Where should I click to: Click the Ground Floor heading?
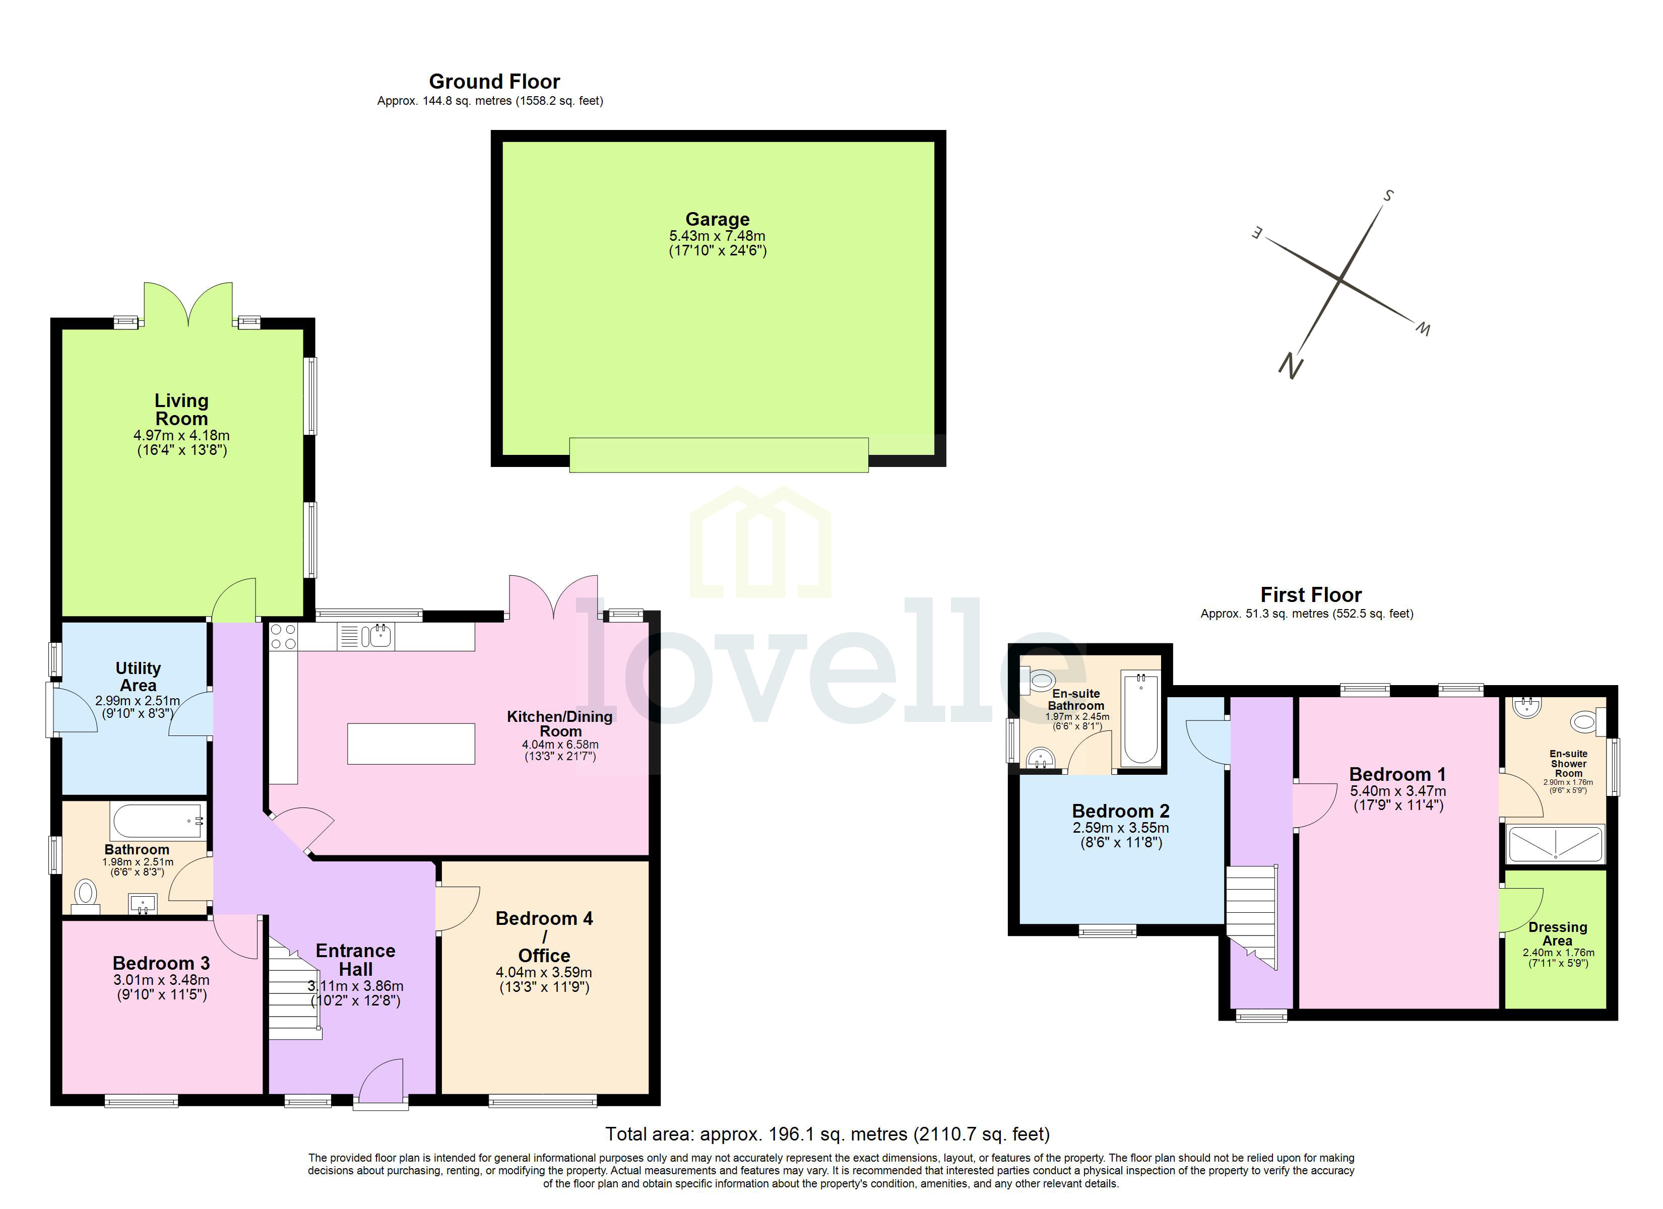[494, 82]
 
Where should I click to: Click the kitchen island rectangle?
[411, 744]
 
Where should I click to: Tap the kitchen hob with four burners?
[284, 636]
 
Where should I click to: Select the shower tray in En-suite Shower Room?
[1555, 844]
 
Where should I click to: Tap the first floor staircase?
[1252, 916]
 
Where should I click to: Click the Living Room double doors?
[188, 304]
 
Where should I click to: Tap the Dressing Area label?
[1557, 933]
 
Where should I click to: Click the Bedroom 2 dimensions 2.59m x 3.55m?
[1120, 828]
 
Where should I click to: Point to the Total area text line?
[827, 1134]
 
